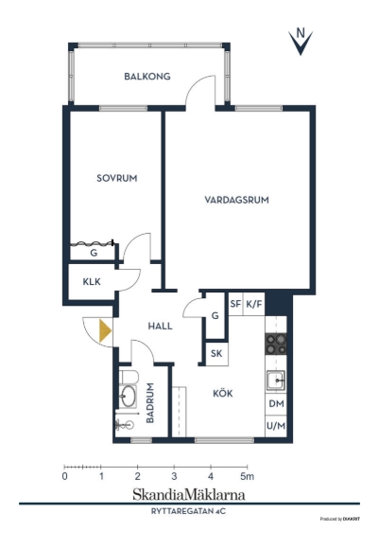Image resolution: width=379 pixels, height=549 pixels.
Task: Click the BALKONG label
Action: coord(147,77)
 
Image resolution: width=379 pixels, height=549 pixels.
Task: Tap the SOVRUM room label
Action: coord(117,178)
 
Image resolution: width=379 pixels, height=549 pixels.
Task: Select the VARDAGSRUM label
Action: coord(236,201)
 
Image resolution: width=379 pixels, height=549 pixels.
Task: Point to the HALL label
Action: coord(160,327)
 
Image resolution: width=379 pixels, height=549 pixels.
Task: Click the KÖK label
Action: coord(223,393)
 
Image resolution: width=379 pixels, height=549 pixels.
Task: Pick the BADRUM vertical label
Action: coord(150,403)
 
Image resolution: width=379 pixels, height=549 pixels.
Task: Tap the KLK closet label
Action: coord(92,281)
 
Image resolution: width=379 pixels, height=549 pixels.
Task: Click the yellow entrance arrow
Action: coord(105,330)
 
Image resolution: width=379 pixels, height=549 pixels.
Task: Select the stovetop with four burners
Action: coord(276,344)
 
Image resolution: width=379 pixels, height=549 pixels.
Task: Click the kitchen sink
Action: coord(276,381)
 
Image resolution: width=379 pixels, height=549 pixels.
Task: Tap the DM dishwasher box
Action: coord(276,404)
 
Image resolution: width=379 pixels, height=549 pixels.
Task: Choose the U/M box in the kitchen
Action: coord(276,426)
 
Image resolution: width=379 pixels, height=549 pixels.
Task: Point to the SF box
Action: coord(235,304)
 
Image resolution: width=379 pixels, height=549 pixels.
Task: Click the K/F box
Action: coord(254,304)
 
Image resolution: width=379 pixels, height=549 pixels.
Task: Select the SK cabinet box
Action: coord(216,354)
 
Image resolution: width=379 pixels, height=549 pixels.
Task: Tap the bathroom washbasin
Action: coord(128,396)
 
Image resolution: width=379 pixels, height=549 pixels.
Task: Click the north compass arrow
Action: coord(301,42)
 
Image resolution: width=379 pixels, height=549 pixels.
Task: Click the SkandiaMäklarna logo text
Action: coord(189,495)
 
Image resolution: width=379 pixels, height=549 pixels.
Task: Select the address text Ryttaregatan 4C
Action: coord(188,511)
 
